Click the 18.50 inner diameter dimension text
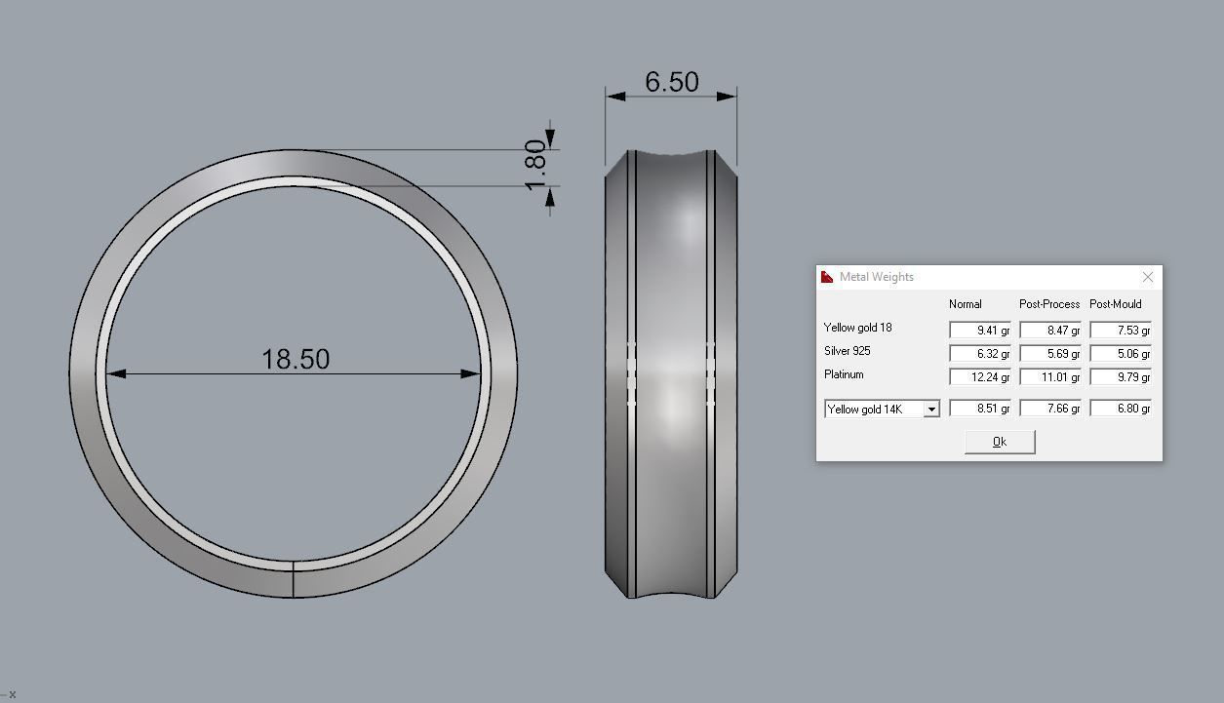[296, 359]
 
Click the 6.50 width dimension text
[671, 82]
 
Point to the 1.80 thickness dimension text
[535, 165]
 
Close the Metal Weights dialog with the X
[1147, 277]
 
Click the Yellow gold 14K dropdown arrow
[931, 410]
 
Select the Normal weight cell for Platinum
[979, 376]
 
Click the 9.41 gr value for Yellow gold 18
[979, 330]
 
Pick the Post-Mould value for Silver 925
[1121, 353]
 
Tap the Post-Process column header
[1049, 304]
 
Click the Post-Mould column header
[1115, 304]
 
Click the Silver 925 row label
[847, 351]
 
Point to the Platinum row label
[844, 374]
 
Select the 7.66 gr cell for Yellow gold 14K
[1050, 409]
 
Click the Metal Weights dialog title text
[876, 277]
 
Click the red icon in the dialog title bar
[827, 277]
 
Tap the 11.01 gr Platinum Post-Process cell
[1050, 376]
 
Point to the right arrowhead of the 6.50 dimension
[727, 96]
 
